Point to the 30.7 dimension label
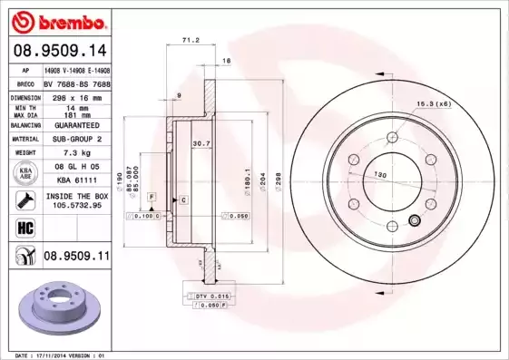click(x=201, y=143)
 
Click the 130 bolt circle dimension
click(x=382, y=174)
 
